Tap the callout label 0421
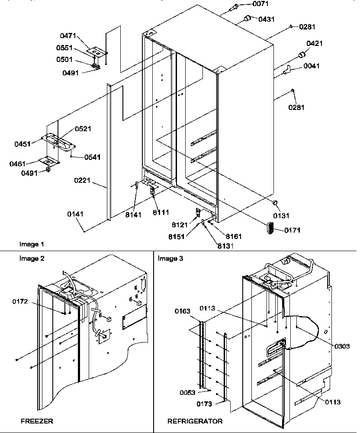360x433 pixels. pyautogui.click(x=315, y=43)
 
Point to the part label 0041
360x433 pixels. pyautogui.click(x=312, y=66)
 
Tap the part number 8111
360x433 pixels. pyautogui.click(x=161, y=212)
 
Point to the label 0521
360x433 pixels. pyautogui.click(x=83, y=129)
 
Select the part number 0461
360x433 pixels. pyautogui.click(x=18, y=164)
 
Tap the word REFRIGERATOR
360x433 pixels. pyautogui.click(x=195, y=420)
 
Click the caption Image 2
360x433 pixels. pyautogui.click(x=32, y=258)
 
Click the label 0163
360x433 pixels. pyautogui.click(x=183, y=310)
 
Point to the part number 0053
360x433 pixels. pyautogui.click(x=187, y=393)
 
